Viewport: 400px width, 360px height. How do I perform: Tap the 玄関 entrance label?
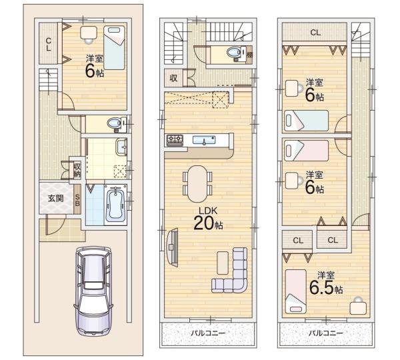click(x=55, y=198)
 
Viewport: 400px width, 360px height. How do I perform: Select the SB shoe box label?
click(x=77, y=200)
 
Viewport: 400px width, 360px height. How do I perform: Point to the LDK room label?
click(x=208, y=211)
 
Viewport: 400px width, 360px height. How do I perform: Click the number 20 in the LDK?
click(x=203, y=223)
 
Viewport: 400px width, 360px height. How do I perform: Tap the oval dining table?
click(x=197, y=184)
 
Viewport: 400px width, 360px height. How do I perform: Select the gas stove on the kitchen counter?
click(x=175, y=140)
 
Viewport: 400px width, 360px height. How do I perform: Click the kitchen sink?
click(x=204, y=140)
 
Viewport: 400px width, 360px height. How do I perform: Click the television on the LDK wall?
click(x=172, y=247)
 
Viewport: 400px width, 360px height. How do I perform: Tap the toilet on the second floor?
click(x=237, y=53)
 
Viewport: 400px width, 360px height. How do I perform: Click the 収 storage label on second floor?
click(x=173, y=78)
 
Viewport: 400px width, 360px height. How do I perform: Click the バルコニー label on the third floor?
click(x=326, y=333)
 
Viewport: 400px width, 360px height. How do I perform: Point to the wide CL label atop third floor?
click(x=315, y=33)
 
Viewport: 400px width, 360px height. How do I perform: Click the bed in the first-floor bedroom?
click(x=115, y=47)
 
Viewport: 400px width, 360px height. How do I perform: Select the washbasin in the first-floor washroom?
click(x=122, y=147)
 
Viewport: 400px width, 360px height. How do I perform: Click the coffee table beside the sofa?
click(x=223, y=263)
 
